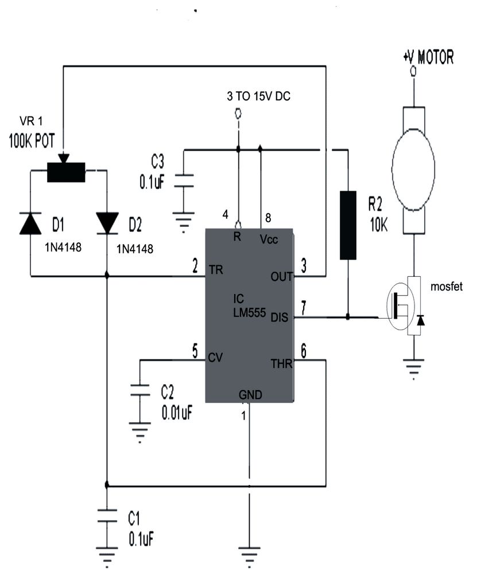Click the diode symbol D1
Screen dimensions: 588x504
coord(30,223)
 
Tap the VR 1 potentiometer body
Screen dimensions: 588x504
coord(66,172)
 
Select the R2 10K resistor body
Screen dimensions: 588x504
coord(348,225)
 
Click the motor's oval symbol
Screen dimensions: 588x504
coord(413,168)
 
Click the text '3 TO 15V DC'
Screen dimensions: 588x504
coord(258,96)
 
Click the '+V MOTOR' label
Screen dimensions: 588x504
coord(428,57)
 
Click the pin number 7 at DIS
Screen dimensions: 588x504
coord(304,305)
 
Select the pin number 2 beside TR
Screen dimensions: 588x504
coord(195,265)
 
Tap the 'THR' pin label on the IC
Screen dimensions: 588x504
coord(281,363)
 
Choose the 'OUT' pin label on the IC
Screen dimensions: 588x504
coord(281,277)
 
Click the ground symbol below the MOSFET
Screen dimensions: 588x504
coord(413,367)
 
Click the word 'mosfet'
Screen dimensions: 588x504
coord(447,287)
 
